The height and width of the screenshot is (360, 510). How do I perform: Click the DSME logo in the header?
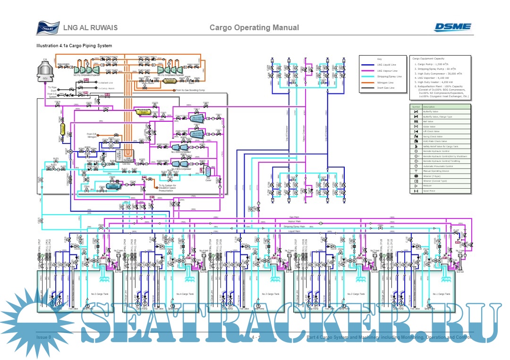click(x=452, y=27)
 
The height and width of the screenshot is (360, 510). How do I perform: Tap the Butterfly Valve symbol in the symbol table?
click(x=416, y=111)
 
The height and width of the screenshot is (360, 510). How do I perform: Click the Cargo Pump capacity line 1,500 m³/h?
click(x=432, y=64)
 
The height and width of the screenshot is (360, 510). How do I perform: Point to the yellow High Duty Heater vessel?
click(x=142, y=112)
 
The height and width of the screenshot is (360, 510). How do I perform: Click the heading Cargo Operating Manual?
click(x=254, y=27)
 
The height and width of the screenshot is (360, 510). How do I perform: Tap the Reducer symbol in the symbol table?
click(x=416, y=186)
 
